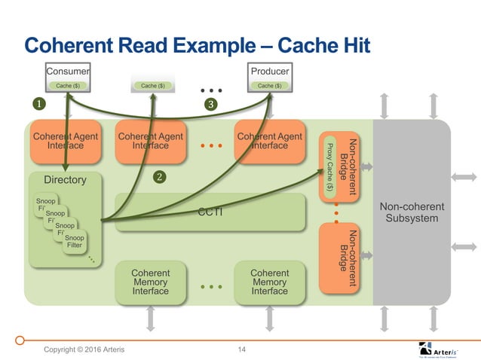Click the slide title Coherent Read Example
tap(198, 46)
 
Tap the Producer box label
tap(270, 72)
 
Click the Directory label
tap(65, 181)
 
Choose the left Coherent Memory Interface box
tap(150, 282)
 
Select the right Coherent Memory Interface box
tap(269, 282)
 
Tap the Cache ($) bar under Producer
tap(270, 86)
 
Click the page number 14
tap(242, 349)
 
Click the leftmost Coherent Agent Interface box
tap(65, 141)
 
